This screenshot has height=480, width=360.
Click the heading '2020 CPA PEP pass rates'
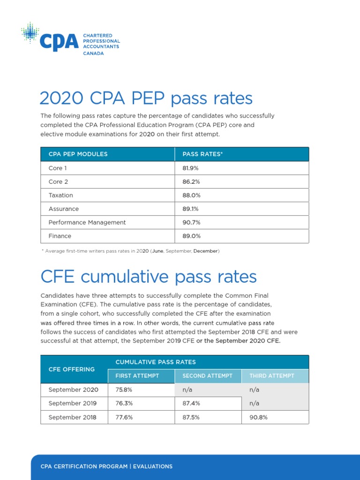pyautogui.click(x=146, y=98)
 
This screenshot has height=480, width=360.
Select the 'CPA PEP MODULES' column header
pyautogui.click(x=78, y=154)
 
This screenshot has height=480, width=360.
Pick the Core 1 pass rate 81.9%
pyautogui.click(x=190, y=168)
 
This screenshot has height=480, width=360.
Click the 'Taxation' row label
pyautogui.click(x=61, y=195)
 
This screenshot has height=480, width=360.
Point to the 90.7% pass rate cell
pyautogui.click(x=191, y=222)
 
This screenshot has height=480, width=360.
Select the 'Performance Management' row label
pyautogui.click(x=87, y=222)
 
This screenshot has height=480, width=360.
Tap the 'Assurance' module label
pyautogui.click(x=64, y=209)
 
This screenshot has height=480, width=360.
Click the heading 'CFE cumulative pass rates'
pyautogui.click(x=149, y=277)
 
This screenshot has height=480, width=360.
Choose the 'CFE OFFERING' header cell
pyautogui.click(x=72, y=369)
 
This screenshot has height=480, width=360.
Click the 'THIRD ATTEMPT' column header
pyautogui.click(x=272, y=376)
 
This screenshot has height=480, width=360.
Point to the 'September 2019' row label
pyautogui.click(x=73, y=403)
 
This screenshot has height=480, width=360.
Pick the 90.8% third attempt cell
pyautogui.click(x=258, y=417)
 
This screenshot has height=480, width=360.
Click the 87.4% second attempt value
pyautogui.click(x=191, y=403)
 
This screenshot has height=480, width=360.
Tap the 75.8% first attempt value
pyautogui.click(x=124, y=390)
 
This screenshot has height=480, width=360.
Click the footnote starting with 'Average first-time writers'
pyautogui.click(x=130, y=251)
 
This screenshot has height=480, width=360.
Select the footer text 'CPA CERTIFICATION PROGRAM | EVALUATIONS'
pyautogui.click(x=106, y=466)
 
